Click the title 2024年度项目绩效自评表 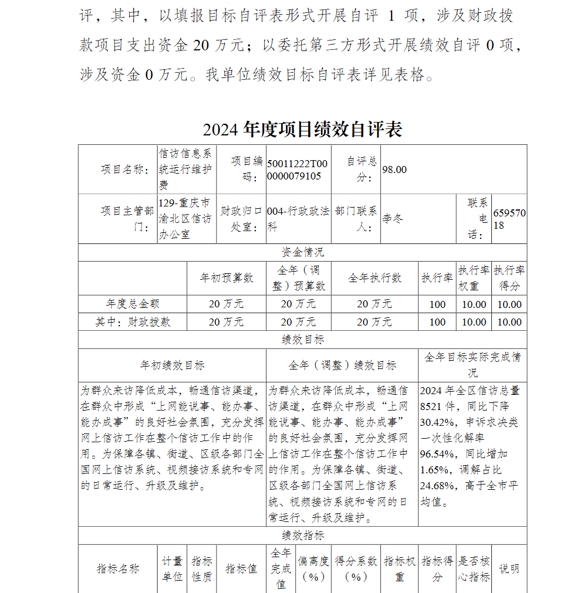pos(302,130)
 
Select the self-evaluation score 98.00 pos(394,170)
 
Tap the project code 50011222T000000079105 pos(298,170)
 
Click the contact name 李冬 pos(393,219)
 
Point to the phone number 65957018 pos(509,219)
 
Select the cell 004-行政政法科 pos(298,219)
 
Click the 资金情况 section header pos(302,252)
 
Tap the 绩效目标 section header pos(302,340)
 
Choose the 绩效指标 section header pos(302,535)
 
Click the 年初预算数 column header pos(227,278)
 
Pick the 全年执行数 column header pos(375,278)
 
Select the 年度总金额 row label pos(133,304)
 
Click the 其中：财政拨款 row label pos(133,321)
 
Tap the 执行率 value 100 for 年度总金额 pos(437,304)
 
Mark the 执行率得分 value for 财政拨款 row pos(509,321)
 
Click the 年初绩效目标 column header pos(172,365)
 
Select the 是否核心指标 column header pos(474,568)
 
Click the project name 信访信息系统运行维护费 pos(186,170)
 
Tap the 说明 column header pos(509,568)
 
